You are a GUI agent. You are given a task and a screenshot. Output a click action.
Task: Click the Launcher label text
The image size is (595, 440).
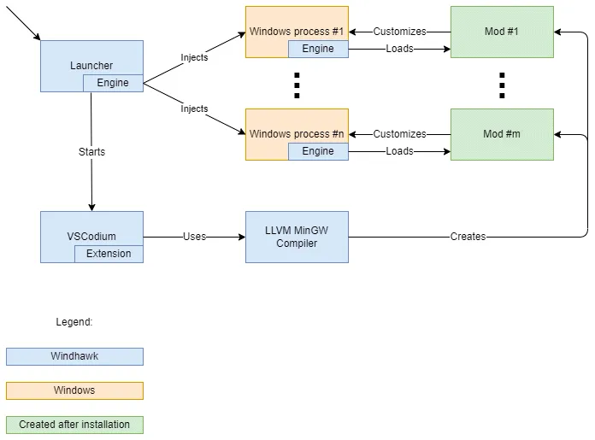[x=91, y=66]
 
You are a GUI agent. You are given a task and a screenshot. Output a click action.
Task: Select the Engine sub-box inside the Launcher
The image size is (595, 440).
[x=113, y=83]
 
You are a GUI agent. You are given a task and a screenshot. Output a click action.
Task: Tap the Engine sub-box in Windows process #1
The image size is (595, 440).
[x=318, y=49]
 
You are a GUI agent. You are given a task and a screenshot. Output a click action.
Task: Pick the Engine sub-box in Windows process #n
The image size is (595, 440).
[x=318, y=151]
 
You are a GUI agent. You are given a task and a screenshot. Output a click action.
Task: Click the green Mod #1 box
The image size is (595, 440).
[x=502, y=32]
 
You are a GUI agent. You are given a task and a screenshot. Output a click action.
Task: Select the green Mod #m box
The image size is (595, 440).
[x=502, y=134]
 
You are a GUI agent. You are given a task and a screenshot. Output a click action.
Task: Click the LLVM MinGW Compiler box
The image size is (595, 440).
[x=297, y=237]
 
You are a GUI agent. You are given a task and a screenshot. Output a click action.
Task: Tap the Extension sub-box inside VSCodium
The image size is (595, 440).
[x=109, y=254]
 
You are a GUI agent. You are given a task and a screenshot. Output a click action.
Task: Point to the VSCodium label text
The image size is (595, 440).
[x=91, y=237]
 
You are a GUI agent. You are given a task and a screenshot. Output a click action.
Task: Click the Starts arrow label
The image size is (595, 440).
[x=91, y=151]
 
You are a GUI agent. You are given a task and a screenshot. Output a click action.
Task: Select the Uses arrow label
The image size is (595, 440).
[x=194, y=237]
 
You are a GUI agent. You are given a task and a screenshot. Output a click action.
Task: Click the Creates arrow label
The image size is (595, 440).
[x=468, y=237]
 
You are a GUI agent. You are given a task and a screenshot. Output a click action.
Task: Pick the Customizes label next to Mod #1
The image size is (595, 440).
[x=399, y=32]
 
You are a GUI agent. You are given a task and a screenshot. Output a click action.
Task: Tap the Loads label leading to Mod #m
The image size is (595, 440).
[x=399, y=151]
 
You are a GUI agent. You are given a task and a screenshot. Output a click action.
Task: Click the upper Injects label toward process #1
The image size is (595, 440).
[x=194, y=57]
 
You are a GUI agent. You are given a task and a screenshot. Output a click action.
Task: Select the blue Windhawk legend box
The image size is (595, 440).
[x=74, y=356]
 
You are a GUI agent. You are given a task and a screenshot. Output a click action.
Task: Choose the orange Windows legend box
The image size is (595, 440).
[x=74, y=390]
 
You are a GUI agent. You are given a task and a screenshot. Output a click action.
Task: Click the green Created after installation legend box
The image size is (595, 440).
[x=74, y=425]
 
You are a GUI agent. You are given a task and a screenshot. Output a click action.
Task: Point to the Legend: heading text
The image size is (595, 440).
[x=74, y=322]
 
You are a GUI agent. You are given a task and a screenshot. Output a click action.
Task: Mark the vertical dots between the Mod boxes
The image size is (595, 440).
[x=502, y=85]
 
